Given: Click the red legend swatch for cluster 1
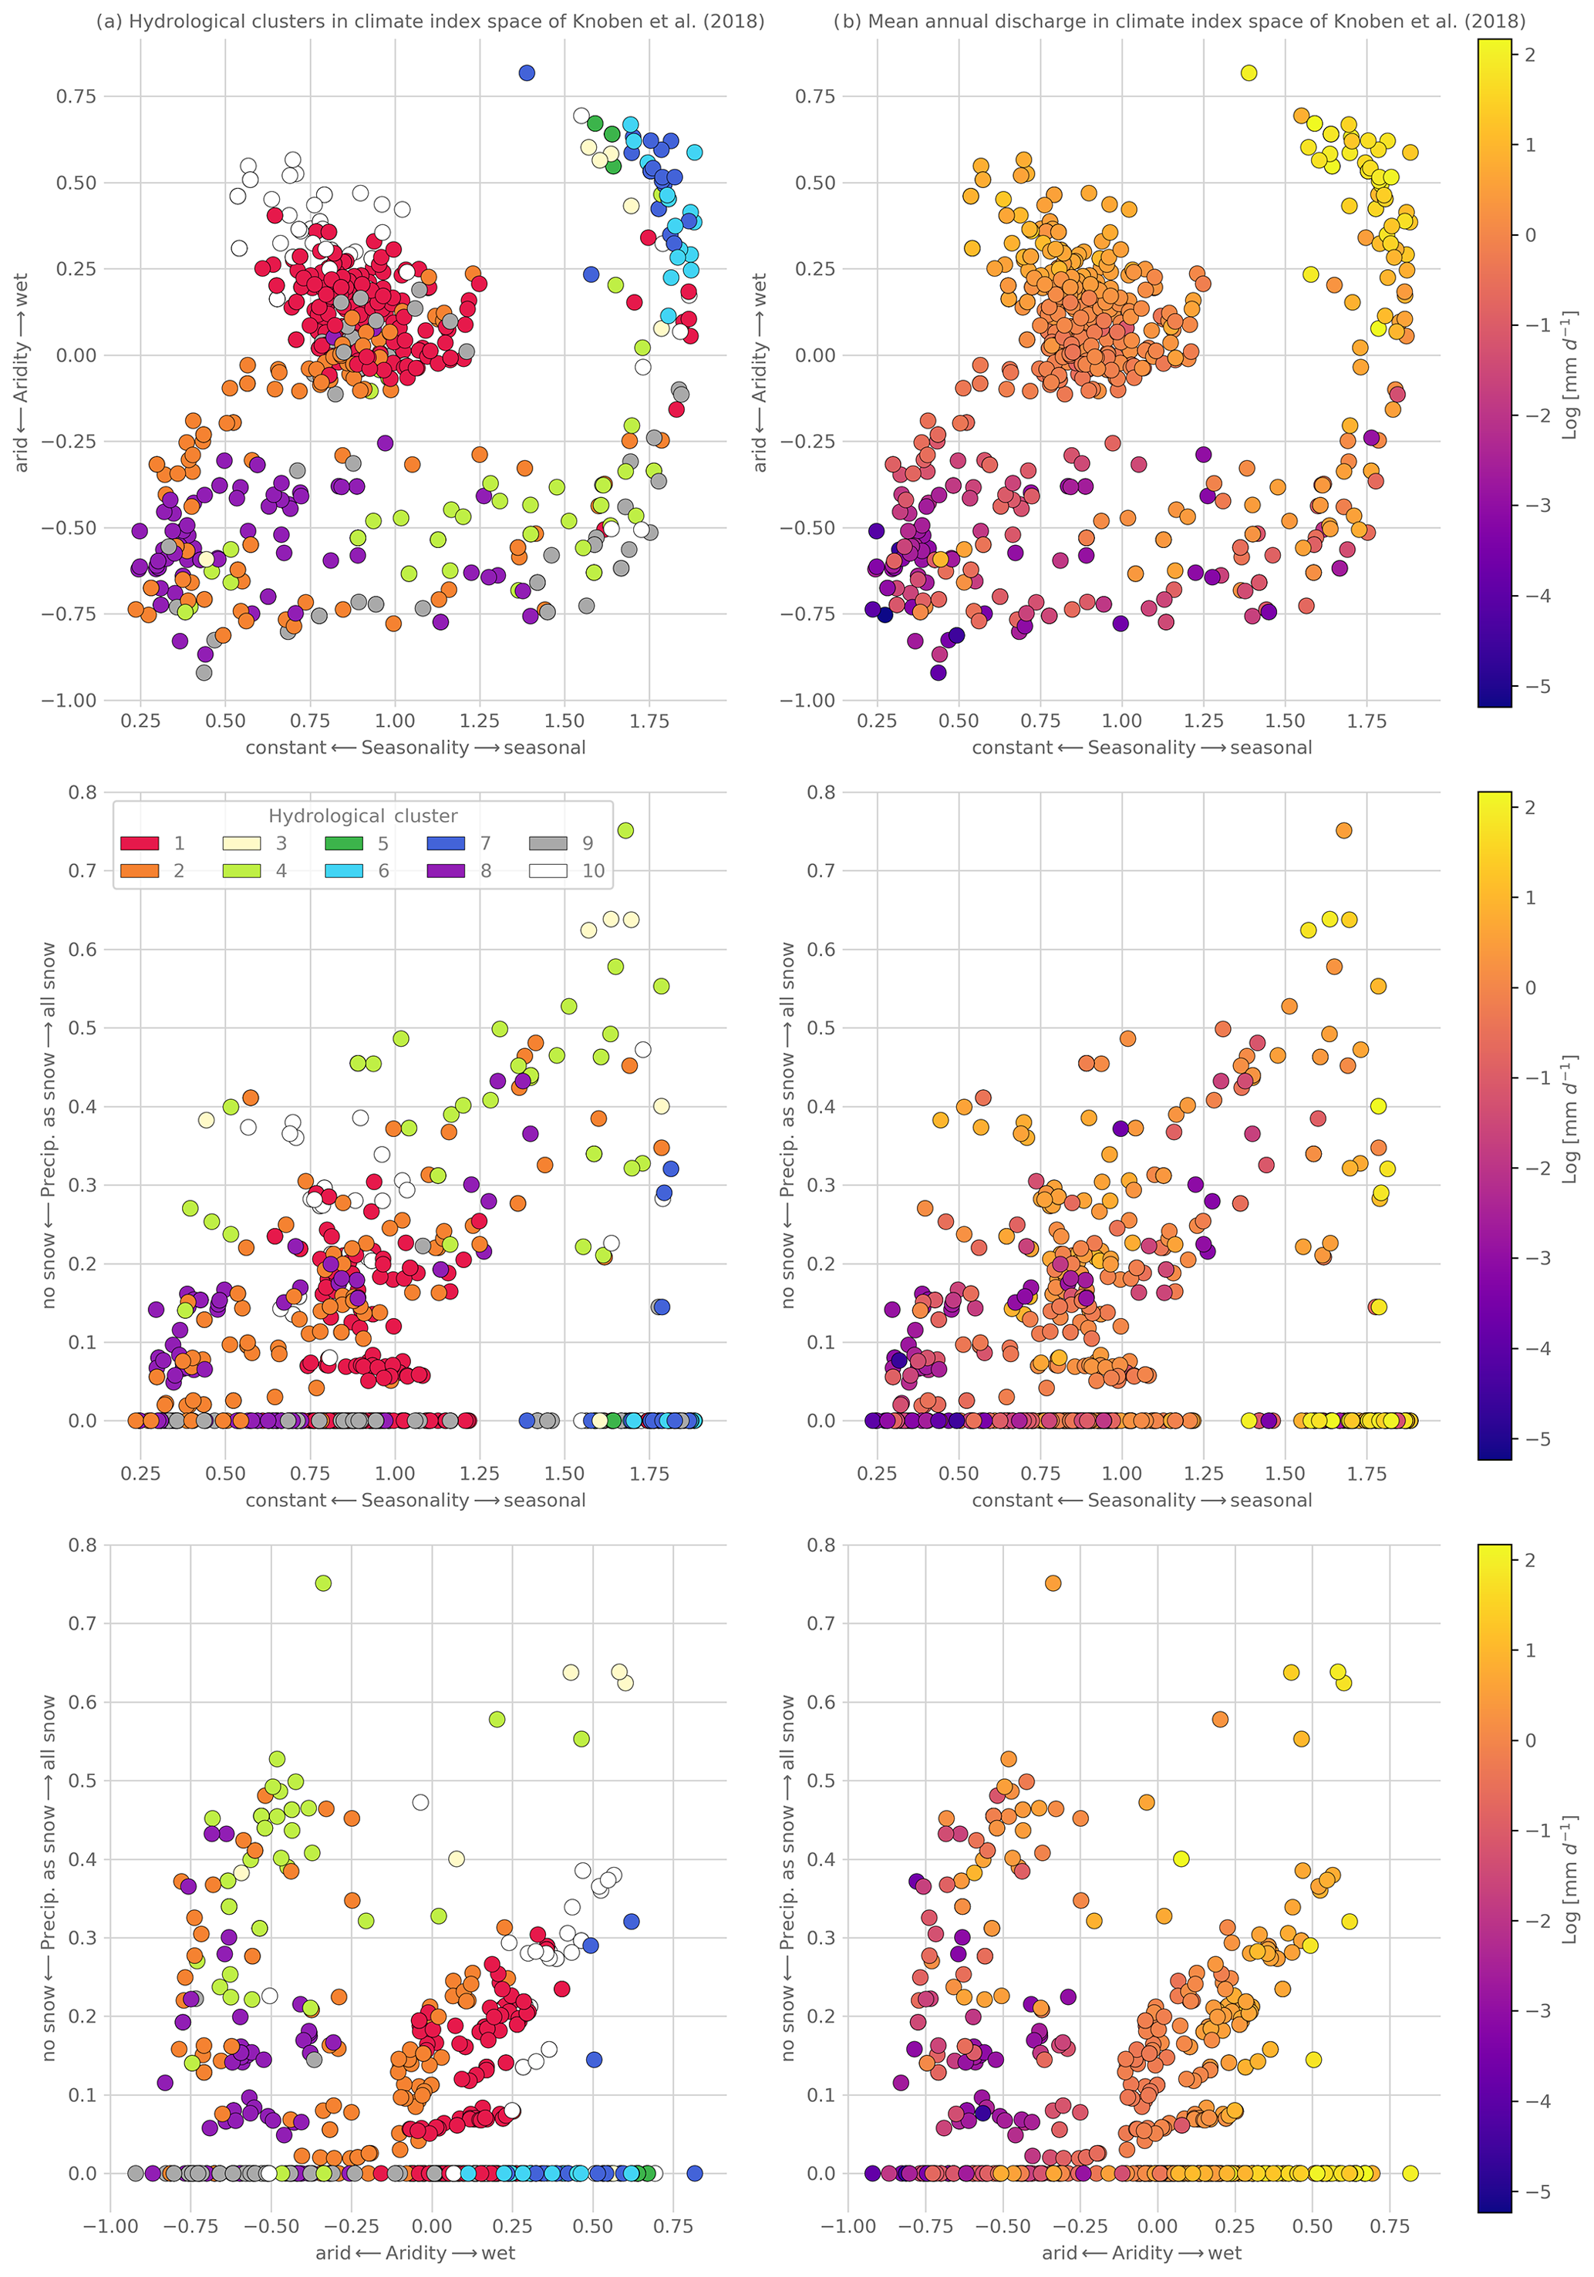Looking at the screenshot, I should pos(139,843).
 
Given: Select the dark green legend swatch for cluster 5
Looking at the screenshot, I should pos(344,843).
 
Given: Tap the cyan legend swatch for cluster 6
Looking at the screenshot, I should pos(344,871).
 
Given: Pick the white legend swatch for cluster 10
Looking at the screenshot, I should pos(548,871).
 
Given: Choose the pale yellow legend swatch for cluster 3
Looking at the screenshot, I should pos(241,843).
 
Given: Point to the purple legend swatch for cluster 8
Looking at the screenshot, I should pos(446,871).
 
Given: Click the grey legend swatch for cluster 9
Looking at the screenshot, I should pos(548,843).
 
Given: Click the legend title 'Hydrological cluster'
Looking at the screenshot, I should pos(363,816).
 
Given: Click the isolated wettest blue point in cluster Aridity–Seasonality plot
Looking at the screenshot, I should pos(527,72).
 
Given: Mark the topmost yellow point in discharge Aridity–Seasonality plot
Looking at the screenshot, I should pos(1249,72).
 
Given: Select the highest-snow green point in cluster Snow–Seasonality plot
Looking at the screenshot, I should pos(625,830).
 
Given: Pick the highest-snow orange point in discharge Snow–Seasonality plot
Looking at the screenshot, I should pos(1343,830).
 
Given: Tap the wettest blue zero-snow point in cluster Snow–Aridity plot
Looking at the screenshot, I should pos(694,2173).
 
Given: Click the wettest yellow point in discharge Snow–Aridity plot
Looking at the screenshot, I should pos(1410,2173).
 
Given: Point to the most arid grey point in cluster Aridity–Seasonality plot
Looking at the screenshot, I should pos(204,672).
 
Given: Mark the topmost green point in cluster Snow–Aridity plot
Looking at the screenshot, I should pos(323,1582).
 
